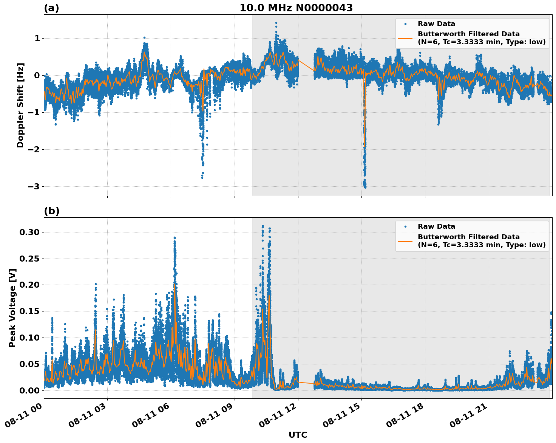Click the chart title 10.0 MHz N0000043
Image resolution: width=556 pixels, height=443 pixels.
pos(296,8)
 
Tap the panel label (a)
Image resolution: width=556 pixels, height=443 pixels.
pos(51,8)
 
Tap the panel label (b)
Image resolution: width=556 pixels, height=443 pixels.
pos(51,211)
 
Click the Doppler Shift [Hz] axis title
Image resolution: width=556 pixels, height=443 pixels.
pos(20,105)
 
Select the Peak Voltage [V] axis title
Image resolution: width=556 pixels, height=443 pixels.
pos(12,308)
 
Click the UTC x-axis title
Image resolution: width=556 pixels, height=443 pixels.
pos(298,435)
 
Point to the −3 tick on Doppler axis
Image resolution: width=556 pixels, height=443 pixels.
pos(34,186)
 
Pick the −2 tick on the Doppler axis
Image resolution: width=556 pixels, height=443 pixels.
pos(34,149)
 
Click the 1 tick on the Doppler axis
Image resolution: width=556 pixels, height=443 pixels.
pos(37,38)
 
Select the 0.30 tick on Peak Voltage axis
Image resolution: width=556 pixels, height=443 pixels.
pos(29,232)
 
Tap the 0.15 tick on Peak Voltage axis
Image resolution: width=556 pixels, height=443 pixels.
pos(29,311)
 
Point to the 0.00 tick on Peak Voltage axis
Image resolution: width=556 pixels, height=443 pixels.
pos(29,390)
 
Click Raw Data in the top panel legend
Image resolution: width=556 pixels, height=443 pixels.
pos(436,24)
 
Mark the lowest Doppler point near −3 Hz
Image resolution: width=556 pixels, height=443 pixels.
pos(365,187)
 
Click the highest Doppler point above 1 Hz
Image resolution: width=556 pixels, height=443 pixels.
pos(276,23)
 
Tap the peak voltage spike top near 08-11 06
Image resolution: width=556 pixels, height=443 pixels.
pos(175,238)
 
